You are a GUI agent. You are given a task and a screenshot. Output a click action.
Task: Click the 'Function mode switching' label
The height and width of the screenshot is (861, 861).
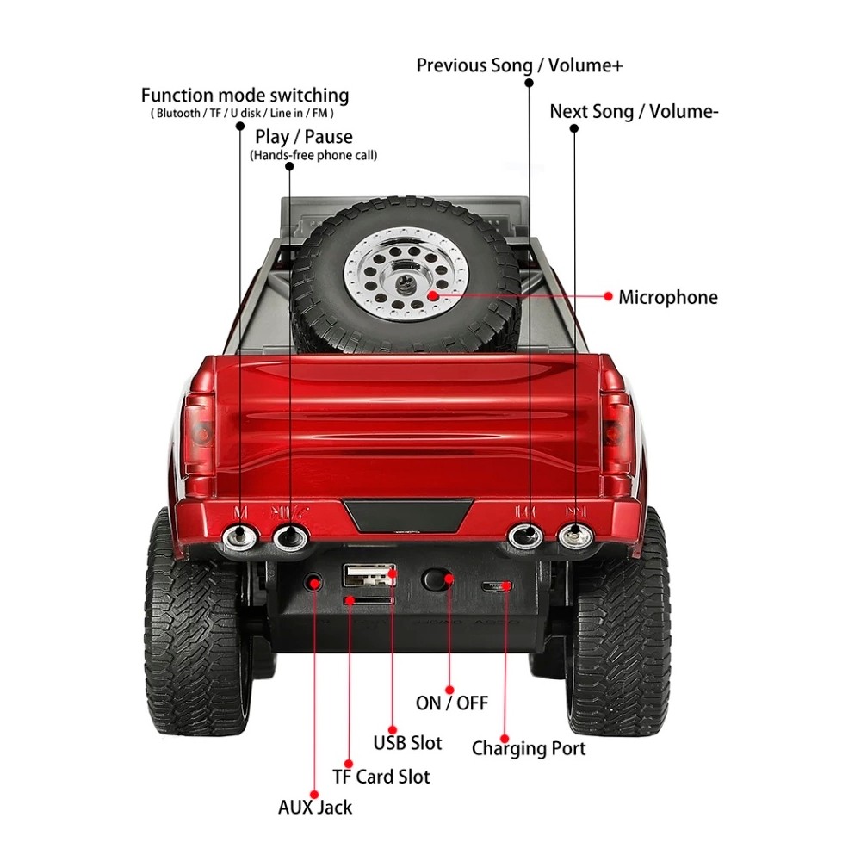245,96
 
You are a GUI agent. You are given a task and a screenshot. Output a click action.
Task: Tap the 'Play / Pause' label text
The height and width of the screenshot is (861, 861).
304,137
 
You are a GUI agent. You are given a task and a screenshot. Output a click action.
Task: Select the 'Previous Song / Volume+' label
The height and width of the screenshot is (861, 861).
519,65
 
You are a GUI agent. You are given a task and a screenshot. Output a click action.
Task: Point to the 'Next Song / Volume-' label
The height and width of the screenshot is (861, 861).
634,112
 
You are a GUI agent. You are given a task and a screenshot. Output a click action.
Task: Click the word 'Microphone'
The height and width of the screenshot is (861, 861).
667,298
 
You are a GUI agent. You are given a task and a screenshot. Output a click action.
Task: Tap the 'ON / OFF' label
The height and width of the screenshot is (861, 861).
451,703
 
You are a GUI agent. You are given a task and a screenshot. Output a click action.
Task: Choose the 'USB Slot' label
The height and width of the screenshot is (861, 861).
407,742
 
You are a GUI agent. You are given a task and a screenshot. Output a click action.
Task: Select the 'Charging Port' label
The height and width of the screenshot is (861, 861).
528,748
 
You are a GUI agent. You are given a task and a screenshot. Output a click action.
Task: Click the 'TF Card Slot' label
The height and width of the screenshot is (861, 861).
381,777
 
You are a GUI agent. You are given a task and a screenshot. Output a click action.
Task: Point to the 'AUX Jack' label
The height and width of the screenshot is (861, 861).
314,808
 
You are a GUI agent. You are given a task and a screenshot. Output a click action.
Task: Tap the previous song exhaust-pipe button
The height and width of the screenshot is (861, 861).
525,536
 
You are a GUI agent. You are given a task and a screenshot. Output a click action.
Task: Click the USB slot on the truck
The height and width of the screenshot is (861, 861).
369,574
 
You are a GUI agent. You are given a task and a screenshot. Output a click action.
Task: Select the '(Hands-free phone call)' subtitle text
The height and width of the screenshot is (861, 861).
313,156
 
